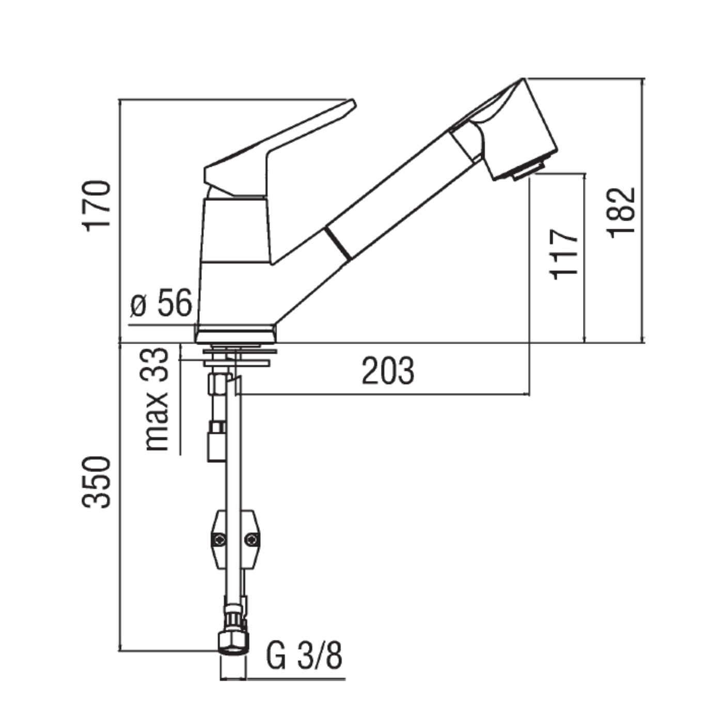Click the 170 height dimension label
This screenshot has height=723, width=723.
click(97, 205)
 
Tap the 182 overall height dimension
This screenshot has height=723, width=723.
click(621, 212)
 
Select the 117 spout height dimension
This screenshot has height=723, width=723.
click(564, 255)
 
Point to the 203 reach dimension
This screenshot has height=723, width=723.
click(387, 371)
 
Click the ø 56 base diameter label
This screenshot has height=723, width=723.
click(161, 304)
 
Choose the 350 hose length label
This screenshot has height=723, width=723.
click(97, 482)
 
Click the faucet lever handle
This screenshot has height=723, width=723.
click(279, 145)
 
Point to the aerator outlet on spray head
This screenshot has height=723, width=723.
click(528, 170)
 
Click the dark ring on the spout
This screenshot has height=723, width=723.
click(339, 242)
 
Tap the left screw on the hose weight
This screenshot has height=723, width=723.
click(219, 540)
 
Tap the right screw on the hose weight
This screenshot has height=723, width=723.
click(252, 540)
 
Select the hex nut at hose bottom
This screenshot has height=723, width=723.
click(233, 643)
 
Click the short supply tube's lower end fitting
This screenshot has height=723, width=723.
click(216, 444)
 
